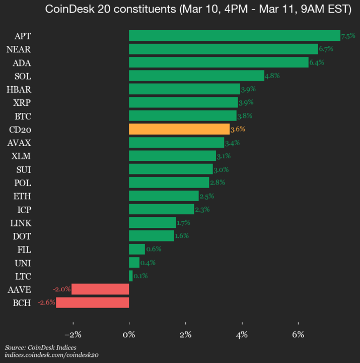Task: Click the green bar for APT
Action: (x=234, y=35)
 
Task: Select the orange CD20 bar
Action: (x=179, y=129)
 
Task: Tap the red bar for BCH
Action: (x=93, y=302)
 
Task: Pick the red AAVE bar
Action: (x=100, y=289)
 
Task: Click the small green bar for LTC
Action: (x=131, y=276)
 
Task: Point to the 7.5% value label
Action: (x=348, y=36)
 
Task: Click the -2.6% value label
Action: (x=46, y=302)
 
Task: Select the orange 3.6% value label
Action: (x=238, y=129)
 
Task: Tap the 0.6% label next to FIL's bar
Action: (x=154, y=249)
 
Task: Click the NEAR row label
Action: (x=19, y=49)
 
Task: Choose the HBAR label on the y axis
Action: (x=19, y=89)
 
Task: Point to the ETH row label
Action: (x=22, y=196)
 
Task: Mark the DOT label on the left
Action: (x=22, y=236)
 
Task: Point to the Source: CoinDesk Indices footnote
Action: (x=40, y=348)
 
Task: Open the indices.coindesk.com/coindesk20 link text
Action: (x=51, y=355)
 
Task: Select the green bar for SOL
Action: (x=196, y=76)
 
